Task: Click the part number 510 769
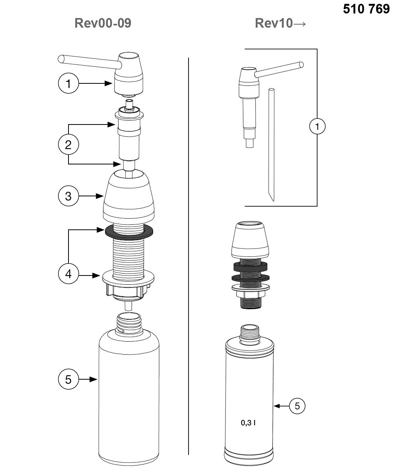point(366,9)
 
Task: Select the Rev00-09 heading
point(103,23)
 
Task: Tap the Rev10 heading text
point(274,23)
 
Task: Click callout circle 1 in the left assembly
point(68,83)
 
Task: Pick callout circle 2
point(68,144)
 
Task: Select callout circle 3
point(68,196)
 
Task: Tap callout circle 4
point(68,274)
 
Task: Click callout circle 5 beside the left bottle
point(68,379)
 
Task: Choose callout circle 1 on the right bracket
point(317,126)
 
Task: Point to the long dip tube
point(271,145)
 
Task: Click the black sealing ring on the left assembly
point(129,232)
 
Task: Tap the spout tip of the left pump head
point(61,59)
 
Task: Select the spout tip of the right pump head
point(301,65)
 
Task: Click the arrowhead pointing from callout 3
point(100,196)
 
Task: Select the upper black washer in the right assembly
point(250,267)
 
